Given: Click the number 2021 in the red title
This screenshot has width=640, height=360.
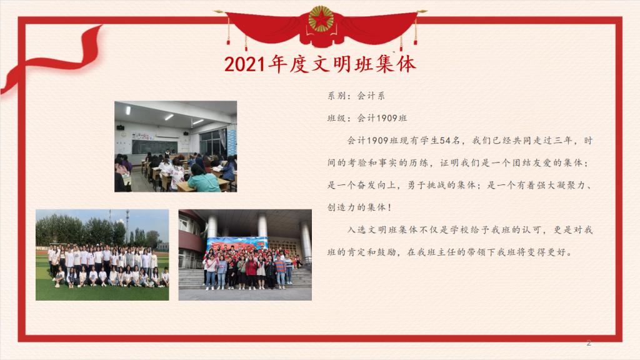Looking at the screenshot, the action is pos(245,64).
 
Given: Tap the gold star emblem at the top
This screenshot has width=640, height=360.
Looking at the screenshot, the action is pos(321,19).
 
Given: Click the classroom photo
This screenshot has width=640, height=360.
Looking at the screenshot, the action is pos(176,146).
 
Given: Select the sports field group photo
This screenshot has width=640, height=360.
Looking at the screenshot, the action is pos(102,255).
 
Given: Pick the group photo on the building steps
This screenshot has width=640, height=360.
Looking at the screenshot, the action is pos(245,255).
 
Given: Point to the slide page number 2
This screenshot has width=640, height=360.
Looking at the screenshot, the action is pos(589,343).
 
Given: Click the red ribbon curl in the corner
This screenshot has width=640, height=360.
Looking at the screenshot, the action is pos(53,59).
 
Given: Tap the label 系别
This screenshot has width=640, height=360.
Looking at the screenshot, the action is pos(336,96).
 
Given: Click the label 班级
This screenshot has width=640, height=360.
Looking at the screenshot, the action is pos(336,118).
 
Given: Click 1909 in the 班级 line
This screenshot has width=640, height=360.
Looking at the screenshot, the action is pos(386,118).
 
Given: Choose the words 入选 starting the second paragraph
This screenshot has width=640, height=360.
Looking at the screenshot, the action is pos(357,230).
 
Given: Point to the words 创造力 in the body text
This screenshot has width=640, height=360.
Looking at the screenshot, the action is pos(342,207).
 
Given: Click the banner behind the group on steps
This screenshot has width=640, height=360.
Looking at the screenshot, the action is pos(237,244).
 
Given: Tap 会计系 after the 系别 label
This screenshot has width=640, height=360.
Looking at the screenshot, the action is pos(371,96).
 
